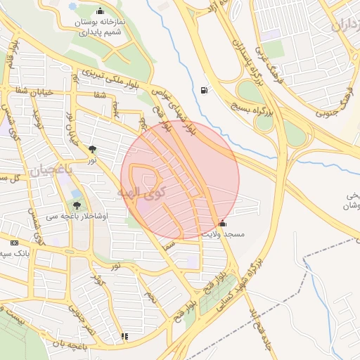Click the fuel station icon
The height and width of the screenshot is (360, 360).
coord(204,89)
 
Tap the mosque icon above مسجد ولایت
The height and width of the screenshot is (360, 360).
coord(223,223)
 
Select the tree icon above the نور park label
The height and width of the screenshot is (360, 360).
coord(92,148)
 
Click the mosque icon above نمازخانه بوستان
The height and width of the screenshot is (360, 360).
coord(100,11)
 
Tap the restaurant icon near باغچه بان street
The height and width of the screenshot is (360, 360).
coord(124,336)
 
